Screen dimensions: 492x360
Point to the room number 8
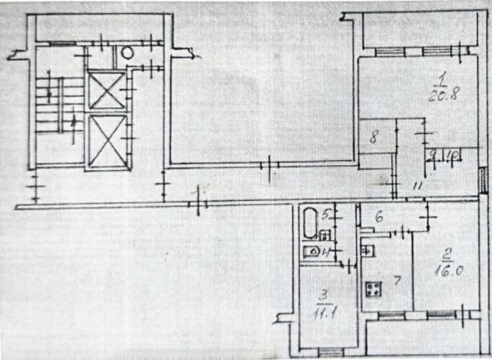click(x=373, y=138)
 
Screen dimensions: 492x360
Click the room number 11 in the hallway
click(x=415, y=185)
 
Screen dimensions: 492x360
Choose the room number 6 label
click(x=379, y=218)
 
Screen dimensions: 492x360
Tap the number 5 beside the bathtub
click(x=325, y=213)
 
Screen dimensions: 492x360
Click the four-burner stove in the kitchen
click(x=374, y=289)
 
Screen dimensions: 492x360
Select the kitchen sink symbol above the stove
click(x=367, y=250)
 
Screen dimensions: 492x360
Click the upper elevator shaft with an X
click(x=104, y=91)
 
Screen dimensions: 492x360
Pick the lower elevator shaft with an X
click(x=104, y=140)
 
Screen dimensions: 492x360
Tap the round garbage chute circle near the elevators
click(x=127, y=53)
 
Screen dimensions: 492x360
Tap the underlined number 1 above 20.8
click(x=442, y=76)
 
